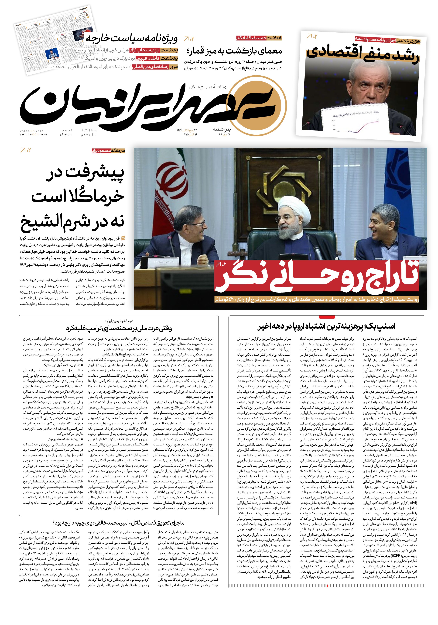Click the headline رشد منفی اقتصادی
point(363,53)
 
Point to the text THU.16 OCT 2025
point(33,134)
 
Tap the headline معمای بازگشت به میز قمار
point(234,51)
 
